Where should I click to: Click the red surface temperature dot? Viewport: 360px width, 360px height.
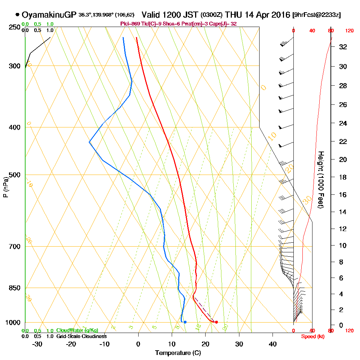coord(216,322)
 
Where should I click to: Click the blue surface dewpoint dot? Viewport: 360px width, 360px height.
coord(185,322)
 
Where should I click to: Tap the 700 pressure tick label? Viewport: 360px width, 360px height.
coord(14,247)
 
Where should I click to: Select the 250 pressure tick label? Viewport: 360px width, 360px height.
coord(14,27)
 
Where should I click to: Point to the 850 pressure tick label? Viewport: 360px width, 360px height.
coord(14,288)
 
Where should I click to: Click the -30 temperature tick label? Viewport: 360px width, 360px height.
coord(37,344)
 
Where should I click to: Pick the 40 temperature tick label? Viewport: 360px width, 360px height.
coord(273,344)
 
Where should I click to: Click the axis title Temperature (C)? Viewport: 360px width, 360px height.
coord(178,353)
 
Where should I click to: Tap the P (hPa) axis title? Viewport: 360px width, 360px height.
coord(5,187)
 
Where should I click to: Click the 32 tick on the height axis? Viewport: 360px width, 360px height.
coord(343,47)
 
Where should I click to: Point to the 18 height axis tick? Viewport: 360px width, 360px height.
coord(343,177)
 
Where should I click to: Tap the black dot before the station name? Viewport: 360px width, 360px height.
coord(17,15)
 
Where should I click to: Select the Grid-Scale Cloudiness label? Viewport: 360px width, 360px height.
coord(81,336)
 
